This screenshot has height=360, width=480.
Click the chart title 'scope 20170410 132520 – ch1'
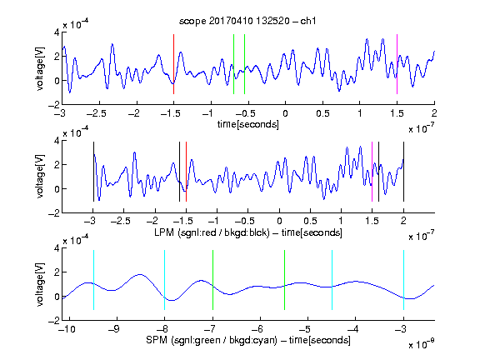(x=247, y=21)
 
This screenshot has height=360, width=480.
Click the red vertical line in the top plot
(x=173, y=64)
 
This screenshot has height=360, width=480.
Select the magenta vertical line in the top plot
(x=397, y=64)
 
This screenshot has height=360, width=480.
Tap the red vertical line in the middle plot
(x=186, y=172)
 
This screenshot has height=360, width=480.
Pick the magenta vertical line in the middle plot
(x=372, y=172)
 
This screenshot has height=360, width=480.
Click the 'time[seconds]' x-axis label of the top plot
(x=248, y=124)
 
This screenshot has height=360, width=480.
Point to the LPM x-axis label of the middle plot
(x=248, y=232)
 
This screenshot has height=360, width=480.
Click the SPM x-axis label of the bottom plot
(x=248, y=340)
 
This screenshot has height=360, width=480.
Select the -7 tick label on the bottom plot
(x=210, y=329)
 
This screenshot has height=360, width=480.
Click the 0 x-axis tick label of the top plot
(x=285, y=113)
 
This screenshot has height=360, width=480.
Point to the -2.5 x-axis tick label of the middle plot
(x=121, y=221)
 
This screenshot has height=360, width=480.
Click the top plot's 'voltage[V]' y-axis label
(x=39, y=68)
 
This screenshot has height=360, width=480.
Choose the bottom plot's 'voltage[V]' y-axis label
(x=39, y=284)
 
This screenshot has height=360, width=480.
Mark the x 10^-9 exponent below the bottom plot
(x=421, y=344)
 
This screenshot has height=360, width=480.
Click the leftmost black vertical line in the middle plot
(x=93, y=172)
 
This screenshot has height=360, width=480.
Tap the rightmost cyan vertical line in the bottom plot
(x=403, y=280)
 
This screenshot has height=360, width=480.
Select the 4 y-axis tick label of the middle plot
(x=57, y=141)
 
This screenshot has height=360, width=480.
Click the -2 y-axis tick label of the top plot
(x=54, y=105)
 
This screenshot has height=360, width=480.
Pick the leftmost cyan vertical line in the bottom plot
(x=93, y=280)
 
